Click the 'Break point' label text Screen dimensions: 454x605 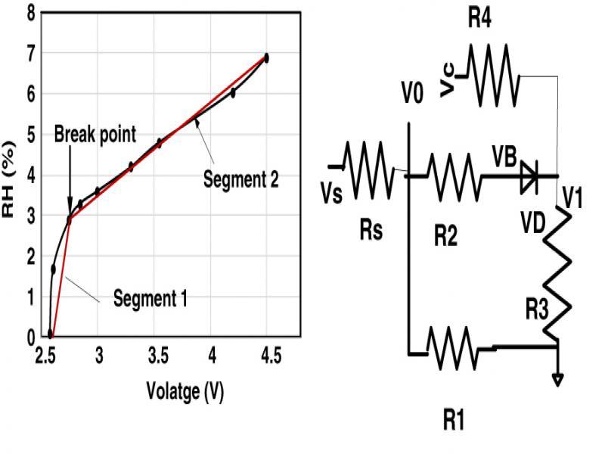tap(95, 135)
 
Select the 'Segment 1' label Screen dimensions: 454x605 tap(150, 298)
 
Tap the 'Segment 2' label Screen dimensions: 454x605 tap(241, 179)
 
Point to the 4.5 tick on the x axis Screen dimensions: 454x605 tap(270, 356)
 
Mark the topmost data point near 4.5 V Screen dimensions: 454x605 tap(266, 58)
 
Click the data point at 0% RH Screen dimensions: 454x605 tap(50, 333)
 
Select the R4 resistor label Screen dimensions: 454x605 tap(479, 19)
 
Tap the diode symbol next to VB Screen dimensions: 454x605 tap(529, 176)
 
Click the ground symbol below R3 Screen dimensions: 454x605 tap(557, 378)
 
